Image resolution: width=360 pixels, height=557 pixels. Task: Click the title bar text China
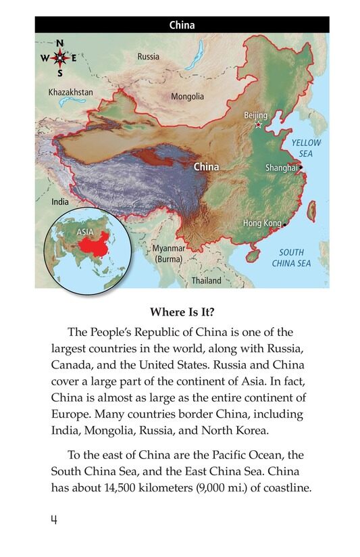pyautogui.click(x=182, y=26)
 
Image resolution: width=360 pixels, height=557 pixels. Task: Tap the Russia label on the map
pyautogui.click(x=149, y=57)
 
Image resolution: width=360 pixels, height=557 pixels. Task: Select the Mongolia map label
pyautogui.click(x=187, y=97)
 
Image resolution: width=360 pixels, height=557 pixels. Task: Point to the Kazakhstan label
pyautogui.click(x=70, y=92)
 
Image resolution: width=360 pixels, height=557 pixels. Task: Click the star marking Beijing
pyautogui.click(x=258, y=125)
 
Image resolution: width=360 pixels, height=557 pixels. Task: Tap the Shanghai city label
pyautogui.click(x=282, y=168)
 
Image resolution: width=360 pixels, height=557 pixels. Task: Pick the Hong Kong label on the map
pyautogui.click(x=262, y=223)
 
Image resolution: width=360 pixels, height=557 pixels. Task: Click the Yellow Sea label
pyautogui.click(x=306, y=148)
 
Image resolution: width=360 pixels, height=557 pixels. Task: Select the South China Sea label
pyautogui.click(x=292, y=258)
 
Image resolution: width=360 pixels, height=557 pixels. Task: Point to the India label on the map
pyautogui.click(x=60, y=201)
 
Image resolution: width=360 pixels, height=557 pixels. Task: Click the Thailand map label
pyautogui.click(x=206, y=281)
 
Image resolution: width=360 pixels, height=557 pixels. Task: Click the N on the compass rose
pyautogui.click(x=60, y=43)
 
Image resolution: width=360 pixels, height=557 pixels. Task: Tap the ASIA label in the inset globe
pyautogui.click(x=84, y=232)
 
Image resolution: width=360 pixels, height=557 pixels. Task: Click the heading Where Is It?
pyautogui.click(x=181, y=313)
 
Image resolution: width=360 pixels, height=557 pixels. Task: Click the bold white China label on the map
pyautogui.click(x=206, y=166)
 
